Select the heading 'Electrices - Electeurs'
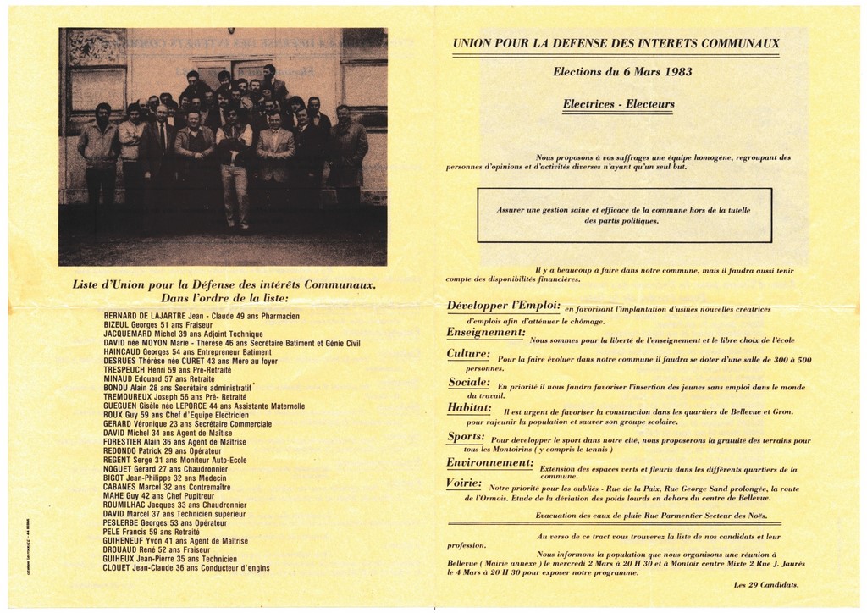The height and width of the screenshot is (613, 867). pos(618,105)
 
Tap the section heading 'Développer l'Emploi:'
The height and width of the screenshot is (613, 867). pos(503,306)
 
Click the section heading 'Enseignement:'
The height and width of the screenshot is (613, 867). pos(486,333)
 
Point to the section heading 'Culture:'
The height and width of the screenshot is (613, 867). pos(468,354)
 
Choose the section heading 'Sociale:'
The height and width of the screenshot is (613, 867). pos(469,383)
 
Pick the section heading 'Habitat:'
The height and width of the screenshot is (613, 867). pos(469,408)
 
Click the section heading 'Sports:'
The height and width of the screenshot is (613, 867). pos(466,438)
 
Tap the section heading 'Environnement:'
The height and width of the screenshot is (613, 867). pos(489,463)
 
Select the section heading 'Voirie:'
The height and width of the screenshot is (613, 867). pos(464,483)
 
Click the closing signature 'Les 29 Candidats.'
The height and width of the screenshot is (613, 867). pos(766,584)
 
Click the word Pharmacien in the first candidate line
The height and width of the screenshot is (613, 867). pos(275,316)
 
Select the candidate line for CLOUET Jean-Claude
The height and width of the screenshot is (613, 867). pos(186,568)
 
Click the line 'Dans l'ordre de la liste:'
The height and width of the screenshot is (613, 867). pos(224,298)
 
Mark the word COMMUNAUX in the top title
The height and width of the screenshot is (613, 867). pos(737,43)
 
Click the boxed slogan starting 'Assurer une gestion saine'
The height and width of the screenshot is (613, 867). pos(624,215)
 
